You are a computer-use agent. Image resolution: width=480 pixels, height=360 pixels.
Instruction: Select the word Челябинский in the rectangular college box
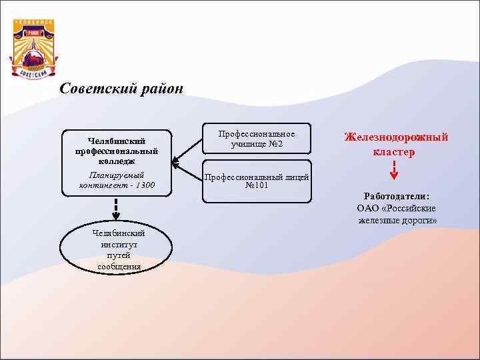tap(117, 141)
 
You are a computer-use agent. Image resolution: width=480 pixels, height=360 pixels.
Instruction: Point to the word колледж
tap(117, 161)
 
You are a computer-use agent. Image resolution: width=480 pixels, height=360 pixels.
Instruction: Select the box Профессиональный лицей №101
tap(256, 181)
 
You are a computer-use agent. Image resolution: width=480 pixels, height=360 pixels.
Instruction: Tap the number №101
tap(257, 185)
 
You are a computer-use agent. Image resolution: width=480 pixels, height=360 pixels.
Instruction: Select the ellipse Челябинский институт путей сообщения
tap(118, 249)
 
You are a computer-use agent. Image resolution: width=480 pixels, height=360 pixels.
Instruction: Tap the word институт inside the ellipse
tap(118, 245)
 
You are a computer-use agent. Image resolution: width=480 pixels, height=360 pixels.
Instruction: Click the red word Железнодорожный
tap(396, 137)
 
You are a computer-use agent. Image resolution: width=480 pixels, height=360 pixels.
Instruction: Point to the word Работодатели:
tap(397, 196)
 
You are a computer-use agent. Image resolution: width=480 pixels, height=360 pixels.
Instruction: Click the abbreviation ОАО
tap(368, 208)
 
